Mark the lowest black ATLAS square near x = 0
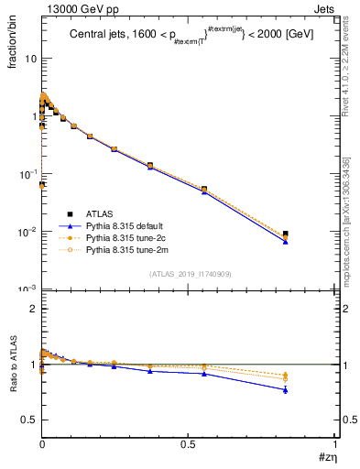pos(42,184)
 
